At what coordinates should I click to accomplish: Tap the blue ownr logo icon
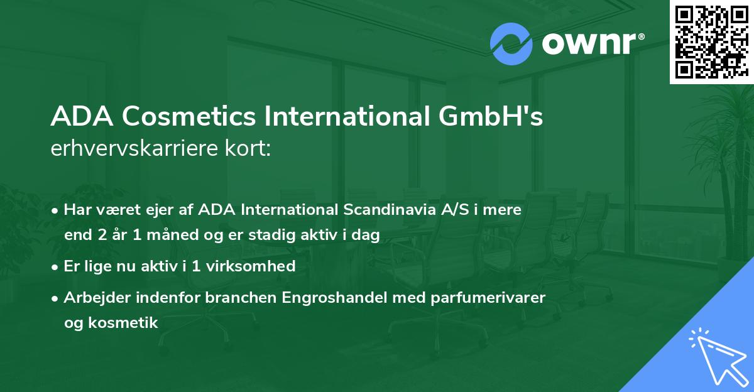click(511, 43)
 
